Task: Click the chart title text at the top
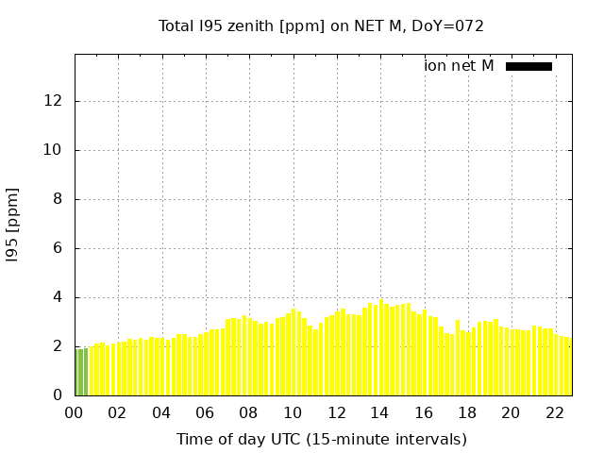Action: (x=321, y=26)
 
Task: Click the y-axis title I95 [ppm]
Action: (x=13, y=225)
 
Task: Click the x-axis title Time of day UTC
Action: (x=321, y=439)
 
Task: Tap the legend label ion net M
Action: (x=459, y=66)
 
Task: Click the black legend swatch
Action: (x=528, y=66)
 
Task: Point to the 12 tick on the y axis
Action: (x=58, y=101)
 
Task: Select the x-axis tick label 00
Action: (x=75, y=412)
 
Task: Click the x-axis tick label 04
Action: (x=161, y=412)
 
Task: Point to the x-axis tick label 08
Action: (x=249, y=412)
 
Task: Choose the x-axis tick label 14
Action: (x=379, y=412)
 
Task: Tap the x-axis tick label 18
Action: (x=467, y=412)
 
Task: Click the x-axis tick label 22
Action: (x=554, y=412)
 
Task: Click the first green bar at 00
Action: (x=77, y=373)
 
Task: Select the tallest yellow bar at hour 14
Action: (x=380, y=348)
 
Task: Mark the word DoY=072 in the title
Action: (x=448, y=26)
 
